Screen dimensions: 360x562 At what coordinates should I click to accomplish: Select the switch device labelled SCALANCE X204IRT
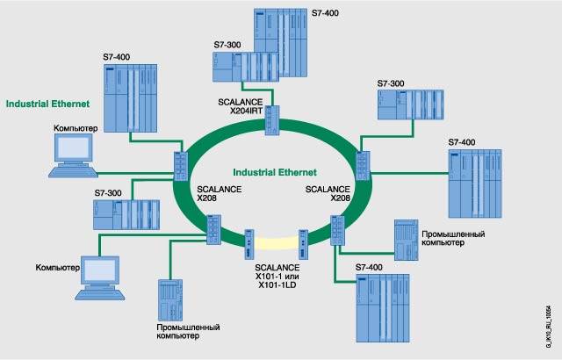pos(274,118)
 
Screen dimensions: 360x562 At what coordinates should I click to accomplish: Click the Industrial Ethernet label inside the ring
pos(275,172)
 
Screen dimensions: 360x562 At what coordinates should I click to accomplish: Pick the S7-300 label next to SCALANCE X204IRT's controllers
pos(226,44)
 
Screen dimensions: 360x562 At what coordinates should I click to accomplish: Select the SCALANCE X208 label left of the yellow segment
pos(213,194)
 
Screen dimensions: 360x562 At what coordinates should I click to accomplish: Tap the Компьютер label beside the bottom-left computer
pos(57,266)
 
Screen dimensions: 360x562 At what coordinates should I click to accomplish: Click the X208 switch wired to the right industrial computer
pos(337,232)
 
